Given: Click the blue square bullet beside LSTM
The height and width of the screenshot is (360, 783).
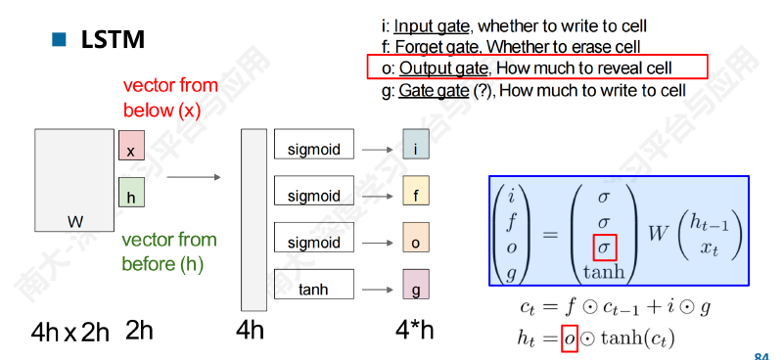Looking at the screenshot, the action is click(59, 39).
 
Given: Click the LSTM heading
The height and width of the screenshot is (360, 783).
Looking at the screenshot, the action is click(113, 39).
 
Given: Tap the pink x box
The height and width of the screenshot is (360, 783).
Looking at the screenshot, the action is click(131, 146).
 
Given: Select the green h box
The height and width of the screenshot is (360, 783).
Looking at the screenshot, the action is click(131, 193).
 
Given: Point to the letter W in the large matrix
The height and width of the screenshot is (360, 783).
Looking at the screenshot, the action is click(75, 221).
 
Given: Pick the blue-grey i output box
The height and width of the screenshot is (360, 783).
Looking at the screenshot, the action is click(416, 145).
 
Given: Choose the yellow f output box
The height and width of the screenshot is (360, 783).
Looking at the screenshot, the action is click(416, 191).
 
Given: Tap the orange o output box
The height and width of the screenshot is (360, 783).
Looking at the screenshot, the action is click(416, 237).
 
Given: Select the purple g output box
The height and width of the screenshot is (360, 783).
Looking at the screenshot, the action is click(416, 284).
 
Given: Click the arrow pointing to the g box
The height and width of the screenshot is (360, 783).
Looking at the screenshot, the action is click(378, 290).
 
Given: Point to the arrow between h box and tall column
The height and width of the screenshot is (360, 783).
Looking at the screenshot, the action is click(194, 177).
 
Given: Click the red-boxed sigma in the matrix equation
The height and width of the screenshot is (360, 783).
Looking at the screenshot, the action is click(604, 247).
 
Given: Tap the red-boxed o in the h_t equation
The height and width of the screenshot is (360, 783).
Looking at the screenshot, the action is click(570, 338).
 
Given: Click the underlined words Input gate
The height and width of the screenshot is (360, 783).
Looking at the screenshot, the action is click(432, 26).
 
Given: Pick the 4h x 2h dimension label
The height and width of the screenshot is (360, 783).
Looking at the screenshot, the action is click(69, 332).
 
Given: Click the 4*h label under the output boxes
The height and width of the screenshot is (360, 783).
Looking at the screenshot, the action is click(414, 330).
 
